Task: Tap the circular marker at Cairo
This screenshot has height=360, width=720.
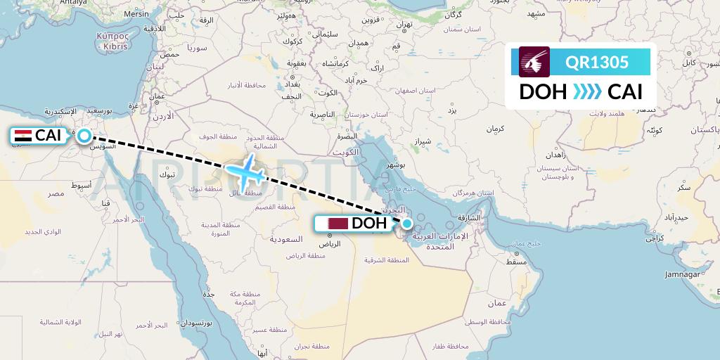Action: coord(84,136)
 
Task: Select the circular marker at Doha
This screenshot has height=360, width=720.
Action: coord(406,224)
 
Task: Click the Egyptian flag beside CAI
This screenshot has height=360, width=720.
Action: coord(23,136)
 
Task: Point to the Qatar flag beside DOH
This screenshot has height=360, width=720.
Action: coord(337,224)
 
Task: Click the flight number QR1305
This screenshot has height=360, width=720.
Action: coord(597,62)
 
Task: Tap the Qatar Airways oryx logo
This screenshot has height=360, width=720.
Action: coord(534,62)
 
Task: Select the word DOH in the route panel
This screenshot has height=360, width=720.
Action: coord(544,92)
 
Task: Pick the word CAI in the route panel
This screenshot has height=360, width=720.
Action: coord(625,92)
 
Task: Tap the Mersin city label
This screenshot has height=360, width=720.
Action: coord(136,13)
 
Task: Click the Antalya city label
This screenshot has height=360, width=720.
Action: coord(72,3)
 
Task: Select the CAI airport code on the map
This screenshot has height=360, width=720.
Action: coord(49,136)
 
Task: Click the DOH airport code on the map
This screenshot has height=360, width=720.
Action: coord(369,224)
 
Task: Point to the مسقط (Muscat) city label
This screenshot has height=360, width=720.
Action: coord(516,262)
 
